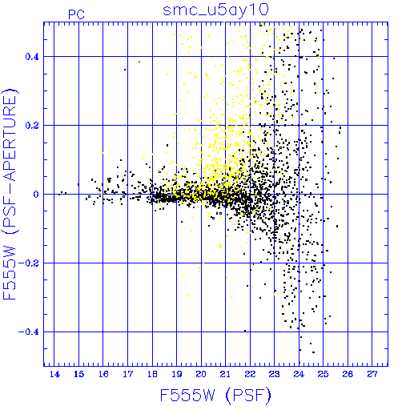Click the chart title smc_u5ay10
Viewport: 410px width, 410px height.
coord(215,10)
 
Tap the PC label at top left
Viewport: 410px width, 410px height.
coord(77,14)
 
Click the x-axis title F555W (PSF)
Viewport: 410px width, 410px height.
coord(215,396)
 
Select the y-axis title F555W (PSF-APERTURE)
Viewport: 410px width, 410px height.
coord(10,194)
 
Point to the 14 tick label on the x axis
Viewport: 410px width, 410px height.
coord(54,375)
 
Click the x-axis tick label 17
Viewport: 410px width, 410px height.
coord(128,375)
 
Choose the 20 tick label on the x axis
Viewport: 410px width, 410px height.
coord(201,375)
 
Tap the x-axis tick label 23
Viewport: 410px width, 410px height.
coord(275,375)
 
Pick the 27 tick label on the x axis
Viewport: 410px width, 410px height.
coord(372,375)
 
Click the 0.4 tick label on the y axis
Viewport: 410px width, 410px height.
coord(32,57)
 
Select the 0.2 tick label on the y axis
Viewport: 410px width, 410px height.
coord(32,126)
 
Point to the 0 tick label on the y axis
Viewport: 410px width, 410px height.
coord(36,195)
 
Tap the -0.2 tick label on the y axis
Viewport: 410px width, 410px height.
coord(29,263)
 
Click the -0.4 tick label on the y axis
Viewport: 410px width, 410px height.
coord(29,332)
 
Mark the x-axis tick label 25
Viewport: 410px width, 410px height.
coord(324,375)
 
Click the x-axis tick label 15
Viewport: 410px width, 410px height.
coord(79,375)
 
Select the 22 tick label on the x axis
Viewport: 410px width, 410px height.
coord(250,375)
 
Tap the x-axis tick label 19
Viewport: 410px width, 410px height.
coord(177,375)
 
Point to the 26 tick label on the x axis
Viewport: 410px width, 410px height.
coord(348,375)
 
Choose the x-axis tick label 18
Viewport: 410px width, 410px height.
coord(152,375)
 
